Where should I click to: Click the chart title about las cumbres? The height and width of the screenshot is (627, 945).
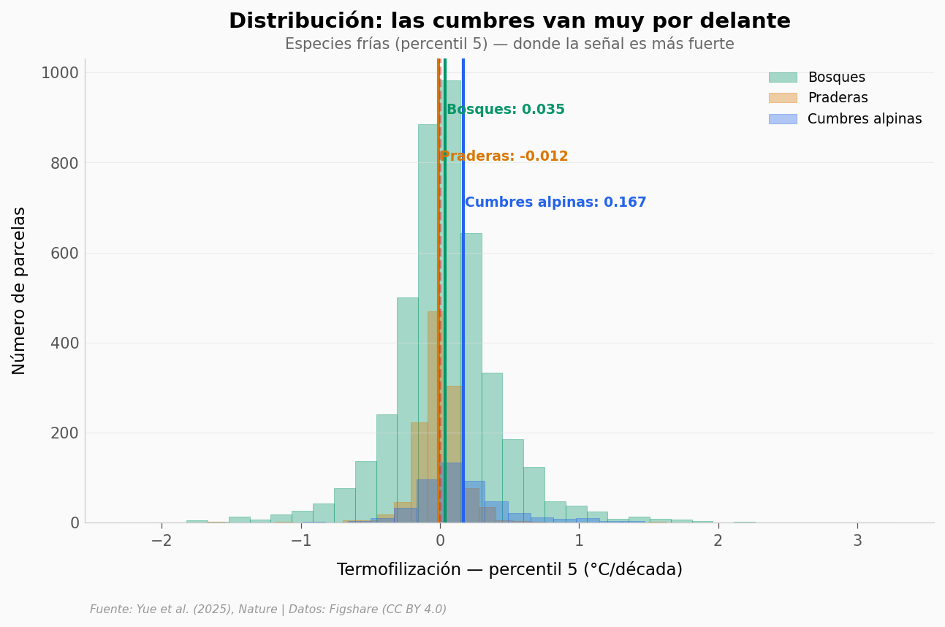(509, 21)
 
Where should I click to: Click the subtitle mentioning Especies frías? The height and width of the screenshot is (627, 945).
(509, 44)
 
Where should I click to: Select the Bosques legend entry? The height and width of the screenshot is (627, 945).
(836, 77)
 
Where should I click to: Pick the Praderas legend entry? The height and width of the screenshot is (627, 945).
(838, 98)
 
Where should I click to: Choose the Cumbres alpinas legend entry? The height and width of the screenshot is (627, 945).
(864, 119)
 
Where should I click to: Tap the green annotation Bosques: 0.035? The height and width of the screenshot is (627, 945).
(506, 110)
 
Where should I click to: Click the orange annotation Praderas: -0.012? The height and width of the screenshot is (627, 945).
(504, 156)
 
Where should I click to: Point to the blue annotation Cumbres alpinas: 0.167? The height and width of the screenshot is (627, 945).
(555, 202)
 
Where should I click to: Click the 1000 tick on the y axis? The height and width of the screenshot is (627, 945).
(59, 73)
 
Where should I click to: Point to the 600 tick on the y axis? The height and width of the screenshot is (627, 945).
(64, 253)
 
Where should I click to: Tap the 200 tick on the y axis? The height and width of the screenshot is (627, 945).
(64, 433)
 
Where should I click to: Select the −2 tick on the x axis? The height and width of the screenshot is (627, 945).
(162, 541)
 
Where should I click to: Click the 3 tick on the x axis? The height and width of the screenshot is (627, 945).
(857, 541)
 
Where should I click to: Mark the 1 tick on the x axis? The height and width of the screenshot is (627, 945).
(579, 541)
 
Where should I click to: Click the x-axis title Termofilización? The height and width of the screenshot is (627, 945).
(509, 569)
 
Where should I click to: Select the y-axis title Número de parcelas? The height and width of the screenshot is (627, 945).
(20, 290)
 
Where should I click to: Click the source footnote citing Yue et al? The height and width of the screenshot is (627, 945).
(268, 609)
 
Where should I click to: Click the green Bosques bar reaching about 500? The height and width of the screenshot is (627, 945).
(406, 409)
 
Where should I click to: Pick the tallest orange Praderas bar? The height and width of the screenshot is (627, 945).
(435, 417)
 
